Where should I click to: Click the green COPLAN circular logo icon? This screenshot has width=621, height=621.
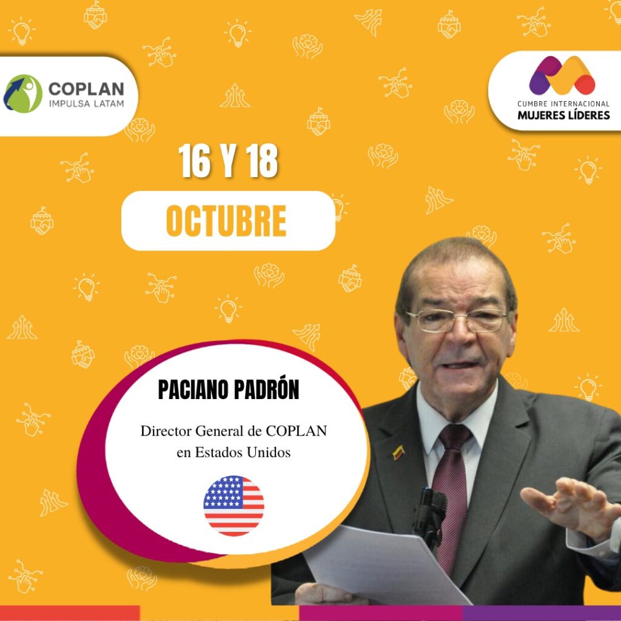pyautogui.click(x=22, y=94)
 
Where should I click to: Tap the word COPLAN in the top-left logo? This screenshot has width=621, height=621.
pyautogui.click(x=86, y=89)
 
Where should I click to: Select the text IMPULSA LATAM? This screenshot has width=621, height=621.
pyautogui.click(x=86, y=104)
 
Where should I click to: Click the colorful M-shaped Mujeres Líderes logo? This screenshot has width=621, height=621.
pyautogui.click(x=562, y=75)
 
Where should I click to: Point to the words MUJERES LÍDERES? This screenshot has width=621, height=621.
pyautogui.click(x=563, y=115)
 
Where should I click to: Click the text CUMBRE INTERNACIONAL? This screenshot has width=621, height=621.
pyautogui.click(x=563, y=104)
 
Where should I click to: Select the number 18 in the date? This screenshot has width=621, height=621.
pyautogui.click(x=261, y=161)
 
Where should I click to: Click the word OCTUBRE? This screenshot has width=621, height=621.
pyautogui.click(x=226, y=221)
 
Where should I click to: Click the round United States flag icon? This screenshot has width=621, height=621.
pyautogui.click(x=233, y=506)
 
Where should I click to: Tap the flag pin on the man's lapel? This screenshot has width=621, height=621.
pyautogui.click(x=398, y=452)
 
